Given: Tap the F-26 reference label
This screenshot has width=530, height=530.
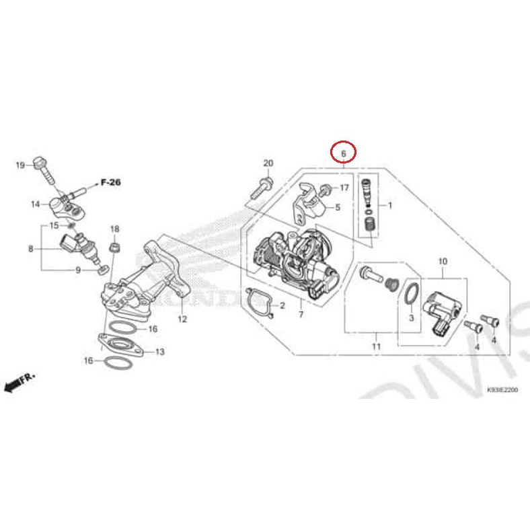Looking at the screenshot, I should coord(110,182).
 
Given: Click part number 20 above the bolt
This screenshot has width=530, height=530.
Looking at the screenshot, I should coord(268,163).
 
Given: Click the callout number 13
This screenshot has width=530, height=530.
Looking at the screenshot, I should coord(159,351).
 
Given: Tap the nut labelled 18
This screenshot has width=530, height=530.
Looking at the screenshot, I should coord(114,248).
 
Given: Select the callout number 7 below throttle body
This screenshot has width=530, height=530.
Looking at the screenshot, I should coord(301,314).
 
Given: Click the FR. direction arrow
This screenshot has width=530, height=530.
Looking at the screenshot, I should coord(20,383).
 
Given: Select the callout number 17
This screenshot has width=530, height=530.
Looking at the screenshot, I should coord(344,188).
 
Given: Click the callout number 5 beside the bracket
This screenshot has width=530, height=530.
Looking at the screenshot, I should coord(338,208).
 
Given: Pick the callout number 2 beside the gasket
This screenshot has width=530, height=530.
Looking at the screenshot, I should coord(282,306).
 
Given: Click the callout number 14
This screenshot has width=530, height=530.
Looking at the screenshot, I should coord(35,204).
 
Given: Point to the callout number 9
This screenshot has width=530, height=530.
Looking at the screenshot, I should coord(78,270).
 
